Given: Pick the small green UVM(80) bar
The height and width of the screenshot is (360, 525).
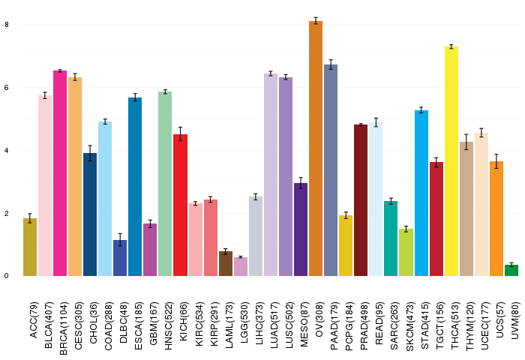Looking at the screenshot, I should tap(511, 270).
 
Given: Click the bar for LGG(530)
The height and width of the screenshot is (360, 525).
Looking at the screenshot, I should tap(241, 266).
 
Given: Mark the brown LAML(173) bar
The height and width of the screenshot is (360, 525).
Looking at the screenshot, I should tap(226, 263).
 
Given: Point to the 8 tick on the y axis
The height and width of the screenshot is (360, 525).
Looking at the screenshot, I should tap(7, 25).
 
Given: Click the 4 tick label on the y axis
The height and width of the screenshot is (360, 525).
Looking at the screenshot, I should tap(7, 151).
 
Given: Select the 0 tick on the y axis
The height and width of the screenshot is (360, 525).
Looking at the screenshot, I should tap(7, 276).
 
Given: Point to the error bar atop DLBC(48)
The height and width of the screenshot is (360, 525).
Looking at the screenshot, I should tap(120, 240).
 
